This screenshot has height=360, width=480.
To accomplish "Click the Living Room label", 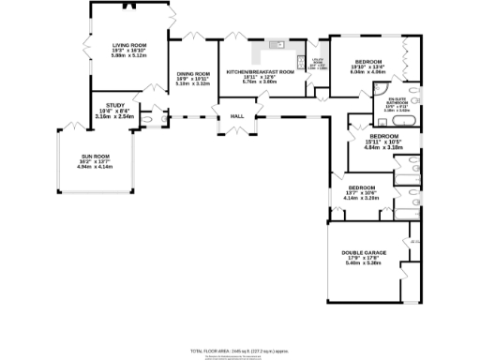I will (x=129, y=45).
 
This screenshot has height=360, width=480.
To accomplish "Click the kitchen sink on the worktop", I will (x=277, y=45).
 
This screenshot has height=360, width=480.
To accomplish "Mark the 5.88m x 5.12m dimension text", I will (x=129, y=55).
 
